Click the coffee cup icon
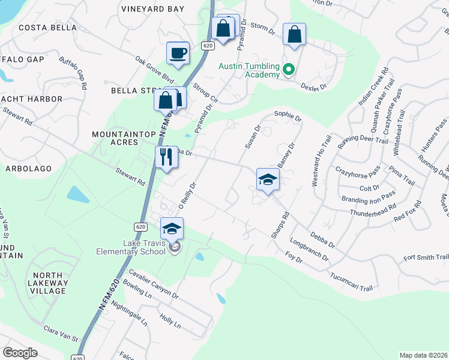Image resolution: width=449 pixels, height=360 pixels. point(178,53)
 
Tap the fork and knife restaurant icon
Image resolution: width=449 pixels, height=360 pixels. point(166,157)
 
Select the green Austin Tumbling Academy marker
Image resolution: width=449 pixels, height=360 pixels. point(288,70)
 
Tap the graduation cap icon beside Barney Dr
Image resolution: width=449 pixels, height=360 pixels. point(268,179)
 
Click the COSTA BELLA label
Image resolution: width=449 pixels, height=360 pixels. point(47,28)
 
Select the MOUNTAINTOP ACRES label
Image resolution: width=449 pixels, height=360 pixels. point(116,137)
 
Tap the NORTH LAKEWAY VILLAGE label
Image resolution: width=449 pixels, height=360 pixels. point(47,283)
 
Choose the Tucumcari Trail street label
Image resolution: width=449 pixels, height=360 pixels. point(351,283)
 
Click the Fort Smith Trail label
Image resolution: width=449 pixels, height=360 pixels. point(426,257)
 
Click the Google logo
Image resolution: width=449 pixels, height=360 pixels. point(20,353)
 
